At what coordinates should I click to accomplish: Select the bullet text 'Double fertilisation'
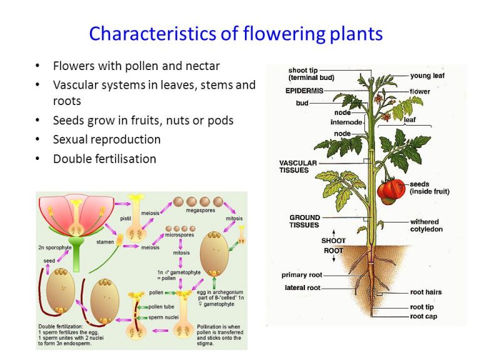pos(104,159)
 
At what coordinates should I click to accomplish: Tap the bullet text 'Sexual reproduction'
pos(107,139)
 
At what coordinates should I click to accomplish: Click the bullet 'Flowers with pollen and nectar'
pos(136,66)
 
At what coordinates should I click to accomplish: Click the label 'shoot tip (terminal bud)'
pos(311,74)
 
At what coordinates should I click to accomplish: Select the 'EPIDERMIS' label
pos(304,91)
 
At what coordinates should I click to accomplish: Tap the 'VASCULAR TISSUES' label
pos(297,166)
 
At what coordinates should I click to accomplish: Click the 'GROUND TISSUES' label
pos(304,221)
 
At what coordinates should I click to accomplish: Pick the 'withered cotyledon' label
pos(424,225)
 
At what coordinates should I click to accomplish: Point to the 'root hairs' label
pos(426,292)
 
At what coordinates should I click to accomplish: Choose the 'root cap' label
pos(423,316)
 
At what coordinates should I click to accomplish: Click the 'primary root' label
pos(302,275)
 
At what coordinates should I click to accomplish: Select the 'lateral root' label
pos(302,287)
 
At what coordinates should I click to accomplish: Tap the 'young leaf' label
pos(428,76)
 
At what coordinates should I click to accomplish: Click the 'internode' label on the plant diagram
pos(346,122)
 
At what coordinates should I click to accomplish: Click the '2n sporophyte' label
pos(54,248)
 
